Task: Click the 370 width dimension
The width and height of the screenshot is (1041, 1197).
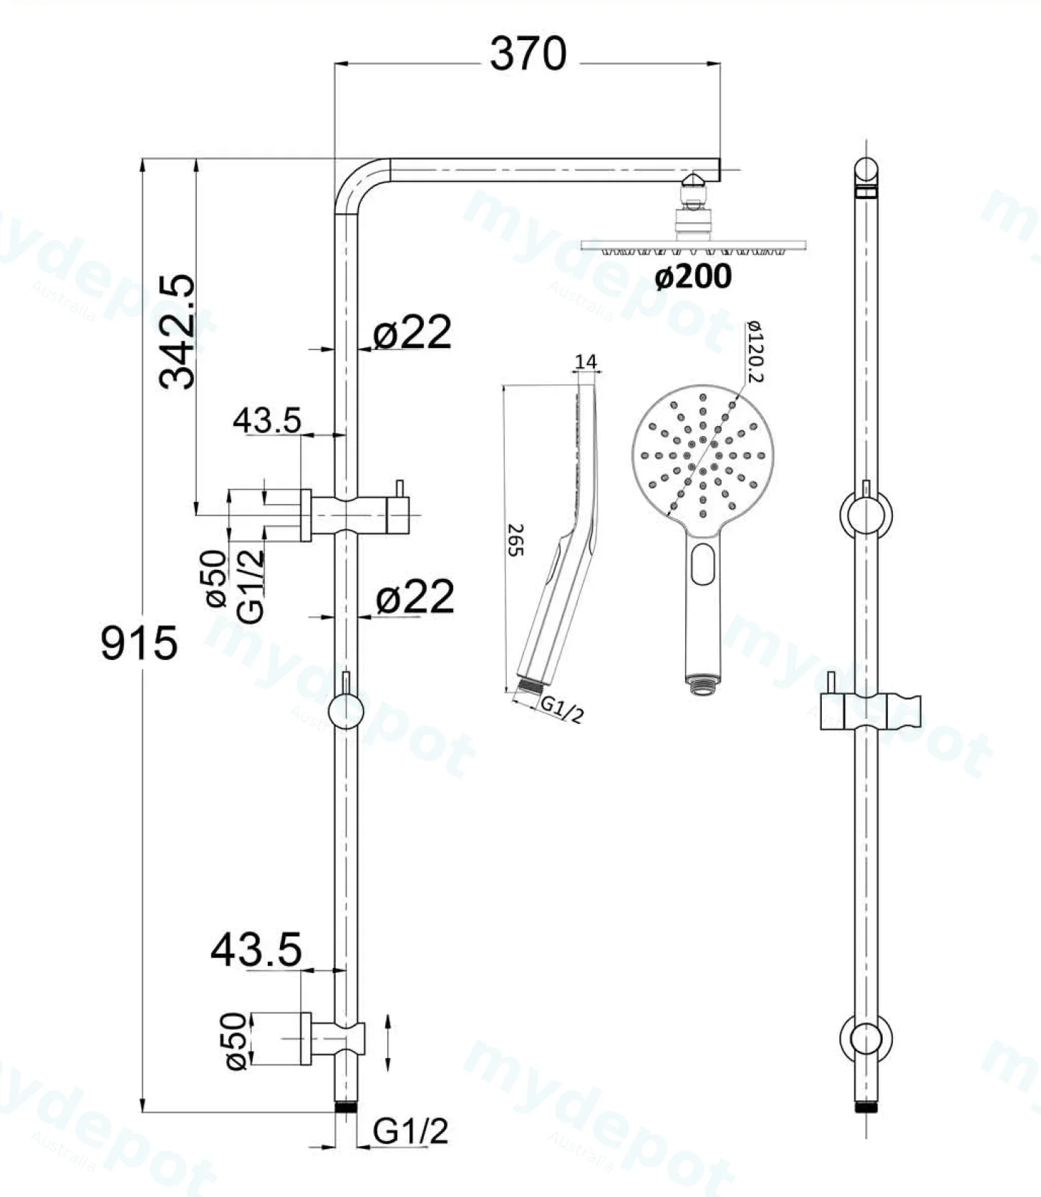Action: tap(528, 54)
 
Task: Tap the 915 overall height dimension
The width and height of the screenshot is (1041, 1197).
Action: tap(139, 642)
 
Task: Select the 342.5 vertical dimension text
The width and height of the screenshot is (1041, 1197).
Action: tap(177, 331)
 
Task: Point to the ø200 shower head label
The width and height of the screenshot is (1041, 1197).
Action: tap(693, 276)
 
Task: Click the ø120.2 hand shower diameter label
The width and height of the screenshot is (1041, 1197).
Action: tap(755, 352)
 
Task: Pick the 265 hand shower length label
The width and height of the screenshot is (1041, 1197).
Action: tap(516, 540)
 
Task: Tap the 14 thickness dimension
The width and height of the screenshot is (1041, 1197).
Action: tap(586, 362)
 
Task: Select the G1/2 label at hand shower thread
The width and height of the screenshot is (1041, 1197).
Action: tap(562, 709)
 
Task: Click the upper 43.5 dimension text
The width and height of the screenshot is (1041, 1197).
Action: tap(267, 420)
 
